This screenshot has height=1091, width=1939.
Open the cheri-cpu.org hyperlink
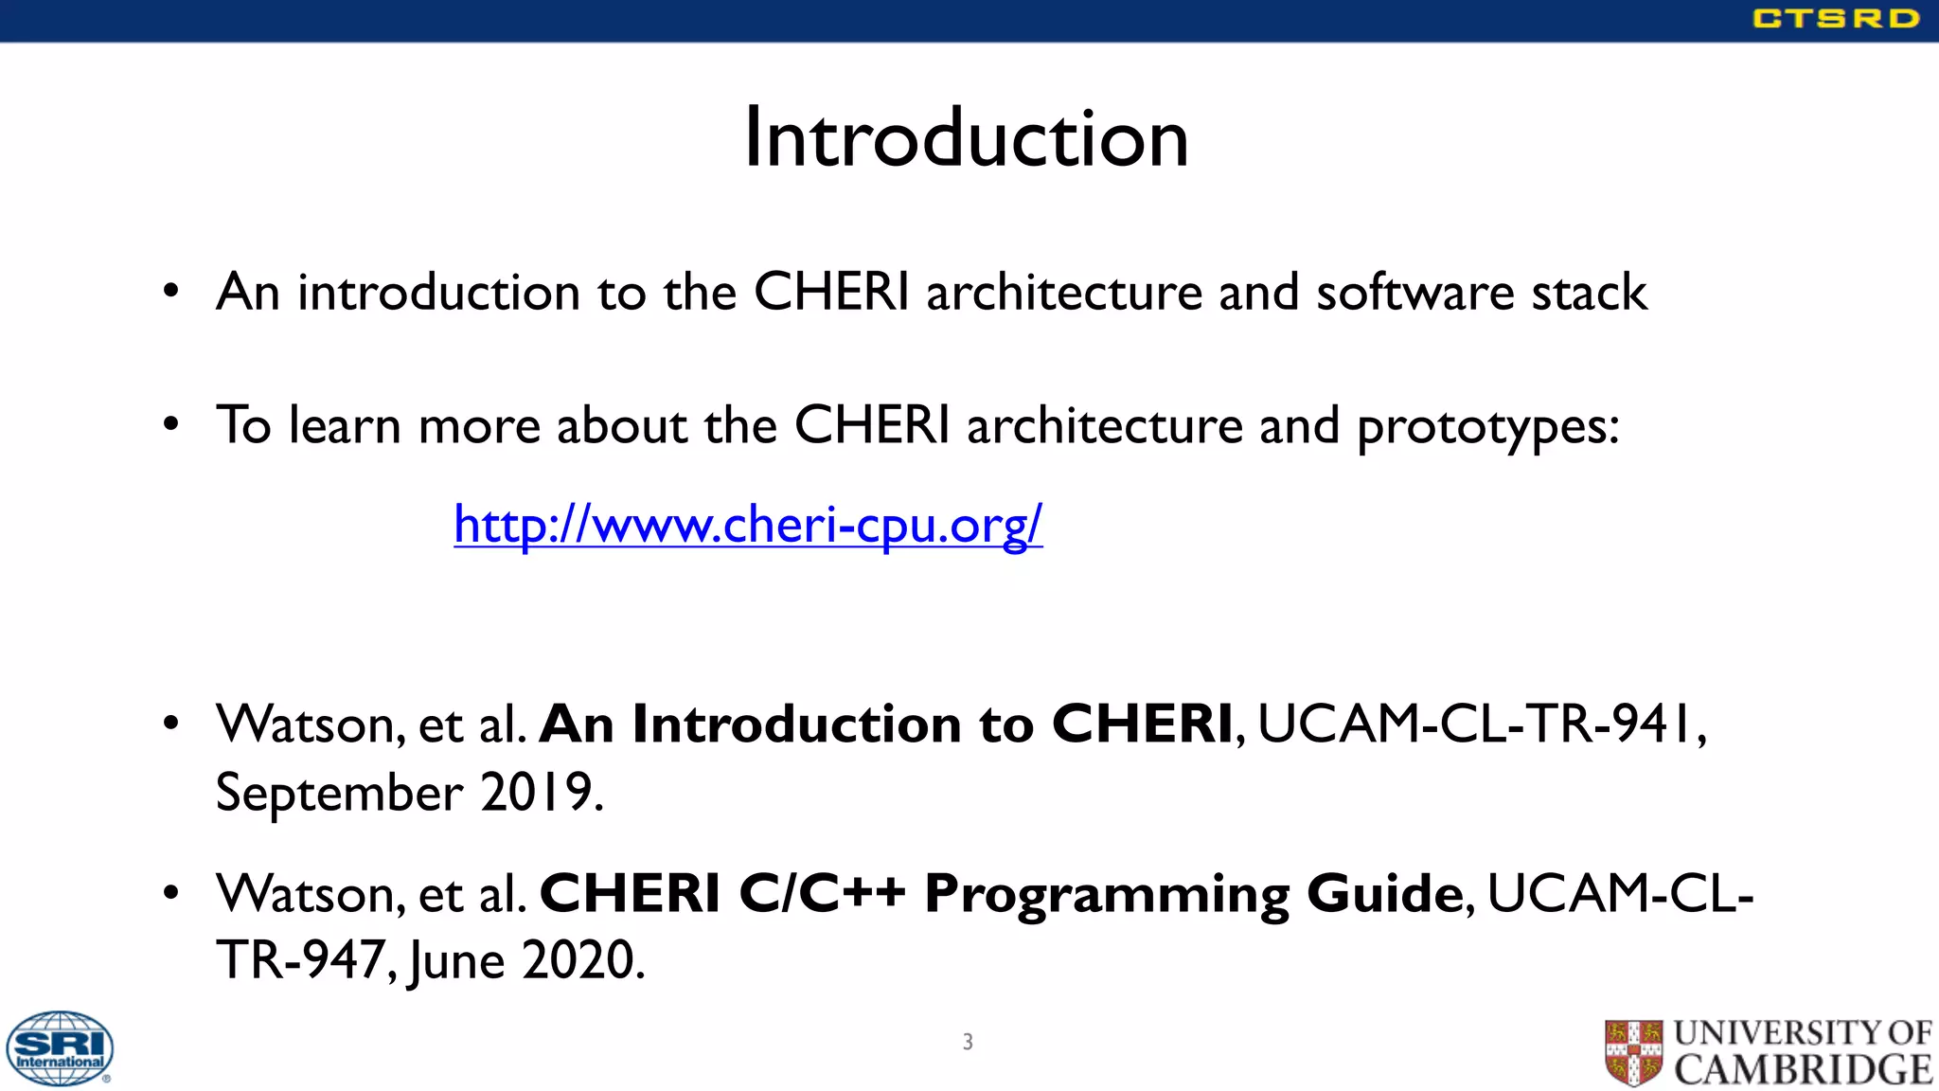(x=748, y=524)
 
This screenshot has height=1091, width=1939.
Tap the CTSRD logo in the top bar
(x=1835, y=19)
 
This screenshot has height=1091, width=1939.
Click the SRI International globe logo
(x=60, y=1047)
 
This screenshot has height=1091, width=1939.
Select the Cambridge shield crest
(x=1633, y=1052)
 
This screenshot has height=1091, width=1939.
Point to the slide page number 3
(x=968, y=1042)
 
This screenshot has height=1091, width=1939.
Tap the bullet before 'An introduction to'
(x=170, y=291)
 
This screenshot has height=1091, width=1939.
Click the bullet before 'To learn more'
(x=170, y=424)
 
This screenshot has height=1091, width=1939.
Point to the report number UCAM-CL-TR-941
(x=1479, y=724)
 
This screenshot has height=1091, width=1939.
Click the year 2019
(x=537, y=792)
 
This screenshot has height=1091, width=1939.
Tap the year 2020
(x=578, y=960)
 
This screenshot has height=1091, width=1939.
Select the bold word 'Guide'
(x=1385, y=893)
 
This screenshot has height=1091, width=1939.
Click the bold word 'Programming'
(x=1106, y=895)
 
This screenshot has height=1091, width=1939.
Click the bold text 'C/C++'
(x=822, y=893)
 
